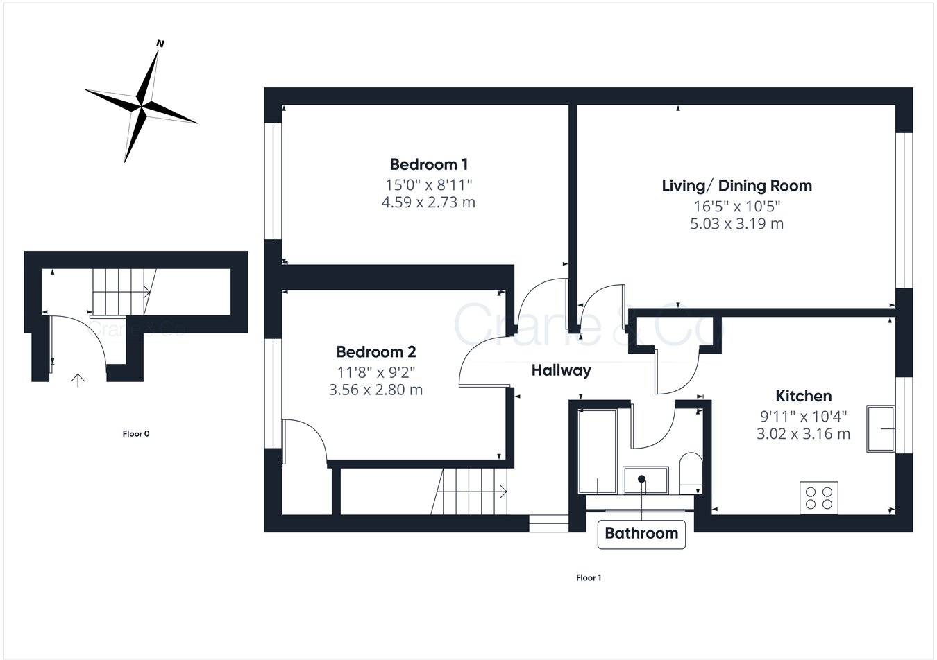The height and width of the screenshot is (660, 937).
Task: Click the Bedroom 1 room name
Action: click(x=428, y=164)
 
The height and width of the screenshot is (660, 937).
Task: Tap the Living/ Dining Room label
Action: click(x=736, y=186)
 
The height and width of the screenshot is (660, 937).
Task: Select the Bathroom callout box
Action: click(x=641, y=533)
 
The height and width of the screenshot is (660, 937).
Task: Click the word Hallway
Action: click(x=561, y=370)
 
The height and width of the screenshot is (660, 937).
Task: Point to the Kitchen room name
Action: click(x=803, y=396)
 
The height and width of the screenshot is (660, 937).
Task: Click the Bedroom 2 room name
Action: click(x=375, y=351)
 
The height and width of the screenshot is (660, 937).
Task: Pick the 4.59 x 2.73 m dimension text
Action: click(x=428, y=202)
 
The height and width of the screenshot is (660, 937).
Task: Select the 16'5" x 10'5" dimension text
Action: click(x=736, y=206)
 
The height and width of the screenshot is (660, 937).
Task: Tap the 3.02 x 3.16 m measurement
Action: click(x=803, y=434)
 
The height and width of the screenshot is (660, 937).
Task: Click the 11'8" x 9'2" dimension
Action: click(x=375, y=371)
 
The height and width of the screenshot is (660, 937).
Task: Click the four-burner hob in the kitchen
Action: click(x=819, y=498)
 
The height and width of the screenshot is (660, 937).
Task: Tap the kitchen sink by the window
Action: click(x=880, y=429)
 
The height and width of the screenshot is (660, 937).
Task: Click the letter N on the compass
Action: click(x=160, y=44)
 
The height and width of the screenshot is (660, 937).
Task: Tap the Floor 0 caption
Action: click(x=136, y=434)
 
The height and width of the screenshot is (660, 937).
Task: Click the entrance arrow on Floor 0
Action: click(x=78, y=379)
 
